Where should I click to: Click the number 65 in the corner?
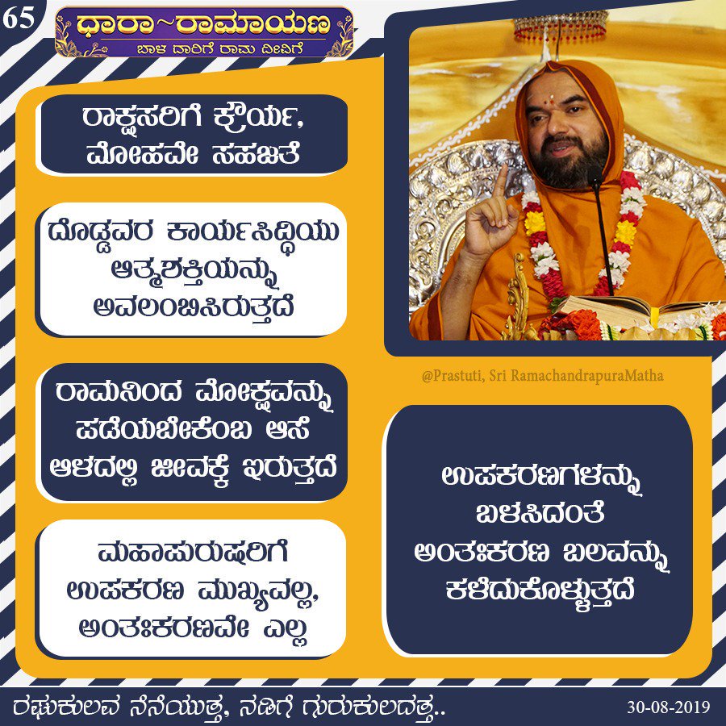(19, 19)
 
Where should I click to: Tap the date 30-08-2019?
(668, 707)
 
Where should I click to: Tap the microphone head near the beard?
(595, 175)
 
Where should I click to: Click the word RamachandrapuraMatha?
(587, 375)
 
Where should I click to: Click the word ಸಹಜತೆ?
(256, 153)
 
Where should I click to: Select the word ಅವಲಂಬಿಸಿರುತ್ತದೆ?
(194, 307)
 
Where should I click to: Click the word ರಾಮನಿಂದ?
(119, 393)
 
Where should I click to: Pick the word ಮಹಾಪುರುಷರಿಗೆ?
(194, 552)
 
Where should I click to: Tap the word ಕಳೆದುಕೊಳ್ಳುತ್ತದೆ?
(540, 591)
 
